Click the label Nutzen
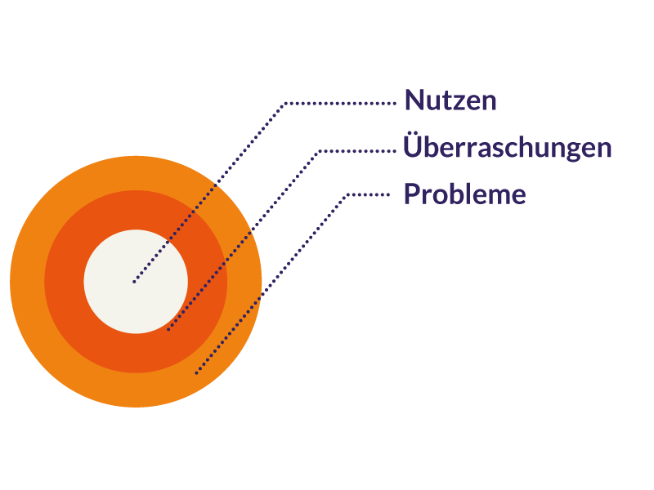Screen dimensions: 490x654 (x=450, y=101)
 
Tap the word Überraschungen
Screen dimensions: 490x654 (x=508, y=148)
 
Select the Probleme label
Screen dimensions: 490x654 (x=464, y=194)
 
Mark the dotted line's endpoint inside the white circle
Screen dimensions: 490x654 (x=134, y=282)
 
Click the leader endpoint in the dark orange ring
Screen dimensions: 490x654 (x=168, y=329)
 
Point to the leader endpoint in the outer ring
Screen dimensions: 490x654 (x=196, y=373)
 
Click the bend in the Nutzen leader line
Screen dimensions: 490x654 (x=284, y=104)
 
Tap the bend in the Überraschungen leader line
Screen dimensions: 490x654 (x=320, y=151)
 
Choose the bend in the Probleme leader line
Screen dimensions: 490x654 (x=348, y=194)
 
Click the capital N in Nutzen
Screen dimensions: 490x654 (x=414, y=101)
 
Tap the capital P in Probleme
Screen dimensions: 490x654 (x=412, y=194)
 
